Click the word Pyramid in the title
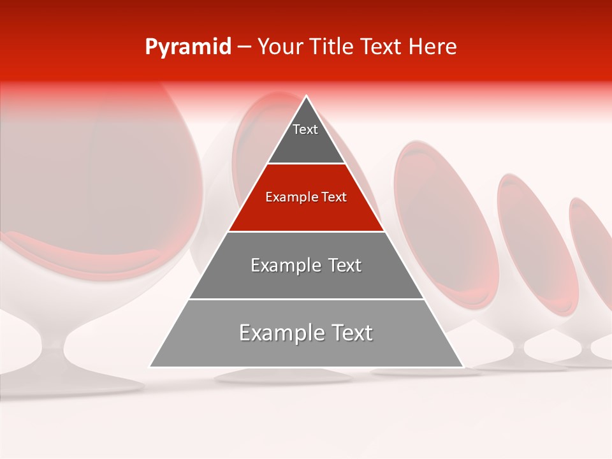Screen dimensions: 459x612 point(187,47)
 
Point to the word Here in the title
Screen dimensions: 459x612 point(432,47)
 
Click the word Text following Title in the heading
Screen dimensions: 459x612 point(381,47)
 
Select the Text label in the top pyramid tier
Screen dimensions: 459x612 point(305,129)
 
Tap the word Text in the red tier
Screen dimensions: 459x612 point(334,197)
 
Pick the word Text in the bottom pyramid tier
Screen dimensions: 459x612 point(350,333)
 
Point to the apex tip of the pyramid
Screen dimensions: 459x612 point(307,97)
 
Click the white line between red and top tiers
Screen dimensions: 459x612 point(306,164)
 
